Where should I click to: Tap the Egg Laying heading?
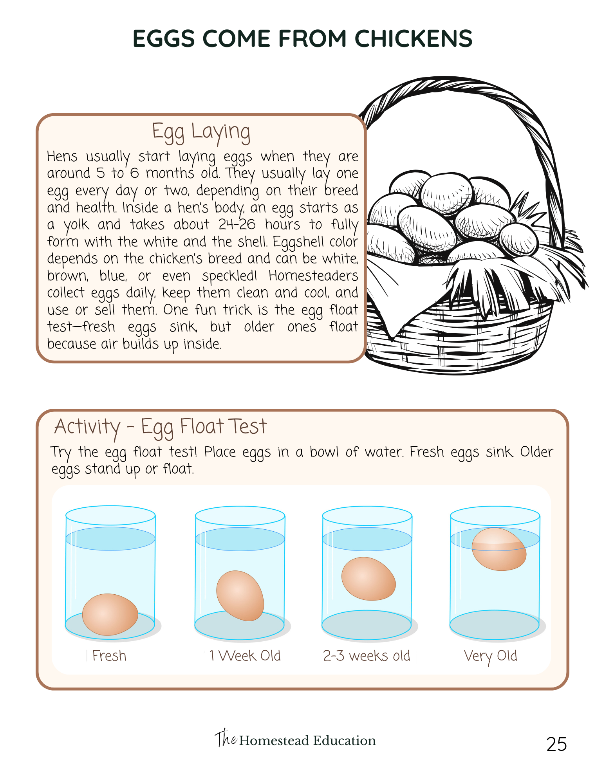201,132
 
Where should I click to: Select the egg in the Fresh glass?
110,614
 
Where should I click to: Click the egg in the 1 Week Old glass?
240,595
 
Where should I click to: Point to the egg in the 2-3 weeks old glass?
368,579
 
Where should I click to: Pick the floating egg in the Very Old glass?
499,549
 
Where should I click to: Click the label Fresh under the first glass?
109,656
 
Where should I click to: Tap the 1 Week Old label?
245,656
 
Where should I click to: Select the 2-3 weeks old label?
367,656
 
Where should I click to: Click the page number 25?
556,744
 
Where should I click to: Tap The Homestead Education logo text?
295,739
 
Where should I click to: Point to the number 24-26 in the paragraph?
237,224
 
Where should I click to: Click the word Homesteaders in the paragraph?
313,276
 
